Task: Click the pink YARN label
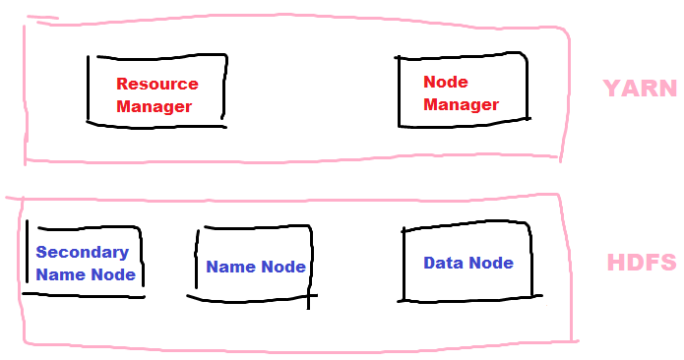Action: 640,89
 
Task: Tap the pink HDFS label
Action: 641,263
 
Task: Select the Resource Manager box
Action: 157,91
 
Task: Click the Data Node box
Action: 468,263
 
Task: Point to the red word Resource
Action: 157,84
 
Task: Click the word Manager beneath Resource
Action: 155,106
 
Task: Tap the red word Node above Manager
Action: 445,82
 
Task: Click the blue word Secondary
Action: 82,252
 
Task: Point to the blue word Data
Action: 443,263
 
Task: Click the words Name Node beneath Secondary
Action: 86,274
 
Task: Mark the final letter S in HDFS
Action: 668,263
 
